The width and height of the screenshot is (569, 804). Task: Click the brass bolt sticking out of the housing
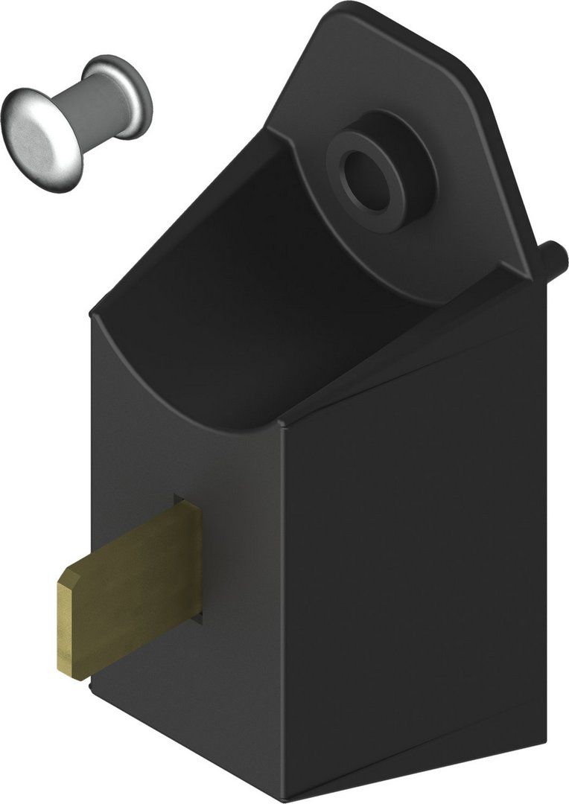pyautogui.click(x=130, y=588)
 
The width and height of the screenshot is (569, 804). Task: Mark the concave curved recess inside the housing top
pyautogui.click(x=223, y=313)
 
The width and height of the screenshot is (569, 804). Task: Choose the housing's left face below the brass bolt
pyautogui.click(x=186, y=707)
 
